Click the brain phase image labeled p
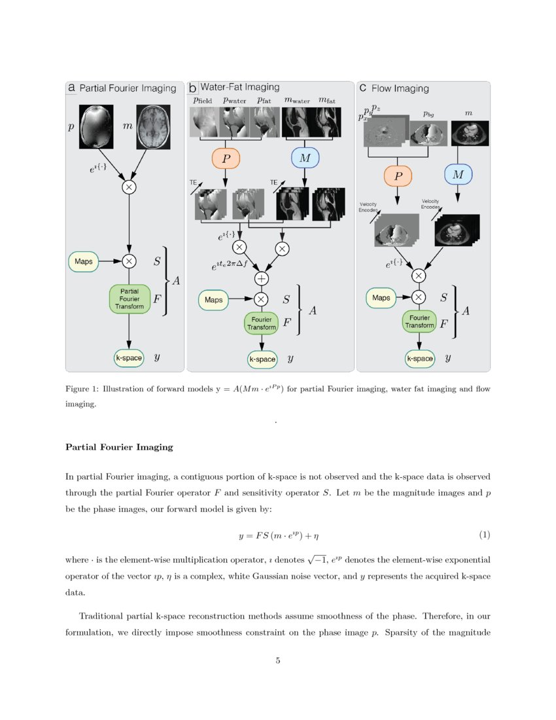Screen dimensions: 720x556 (x=96, y=126)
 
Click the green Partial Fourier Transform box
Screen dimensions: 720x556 (x=129, y=299)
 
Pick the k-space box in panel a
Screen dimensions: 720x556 (x=129, y=358)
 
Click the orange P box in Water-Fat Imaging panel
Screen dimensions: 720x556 (x=226, y=158)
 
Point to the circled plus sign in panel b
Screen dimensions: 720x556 (x=261, y=278)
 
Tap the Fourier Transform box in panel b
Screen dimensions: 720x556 (x=262, y=323)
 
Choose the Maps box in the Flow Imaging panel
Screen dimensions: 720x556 (x=381, y=298)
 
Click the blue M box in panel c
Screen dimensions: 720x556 (x=458, y=174)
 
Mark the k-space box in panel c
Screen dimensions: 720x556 (x=420, y=359)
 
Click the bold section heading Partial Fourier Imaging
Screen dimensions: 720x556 (x=119, y=447)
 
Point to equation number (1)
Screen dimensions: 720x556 (x=484, y=535)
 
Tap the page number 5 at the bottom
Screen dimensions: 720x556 (x=278, y=660)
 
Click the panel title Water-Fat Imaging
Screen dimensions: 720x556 (x=239, y=87)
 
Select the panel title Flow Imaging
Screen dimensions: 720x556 (x=400, y=88)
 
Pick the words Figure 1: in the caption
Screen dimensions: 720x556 (x=81, y=389)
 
